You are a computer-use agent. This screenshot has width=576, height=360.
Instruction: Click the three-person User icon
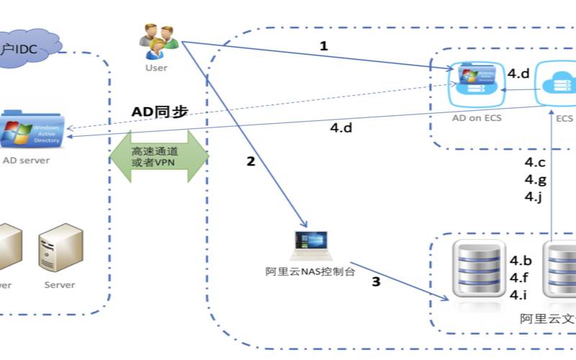point(158,42)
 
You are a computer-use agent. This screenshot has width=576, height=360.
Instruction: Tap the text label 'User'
point(156,68)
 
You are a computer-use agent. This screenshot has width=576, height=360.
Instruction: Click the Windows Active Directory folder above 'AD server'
point(33,130)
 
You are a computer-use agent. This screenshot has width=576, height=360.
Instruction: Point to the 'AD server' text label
point(27,160)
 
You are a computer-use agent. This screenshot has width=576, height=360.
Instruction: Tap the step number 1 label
point(323,46)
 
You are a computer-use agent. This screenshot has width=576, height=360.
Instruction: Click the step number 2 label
point(251,161)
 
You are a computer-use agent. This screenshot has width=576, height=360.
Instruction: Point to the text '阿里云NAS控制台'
point(310,271)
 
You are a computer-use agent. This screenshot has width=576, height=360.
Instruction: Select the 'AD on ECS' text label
point(476,118)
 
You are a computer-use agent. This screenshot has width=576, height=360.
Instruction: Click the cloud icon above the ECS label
point(557,85)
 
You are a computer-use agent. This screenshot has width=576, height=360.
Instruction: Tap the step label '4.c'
point(534,163)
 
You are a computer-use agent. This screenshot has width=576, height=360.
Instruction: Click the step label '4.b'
point(521,261)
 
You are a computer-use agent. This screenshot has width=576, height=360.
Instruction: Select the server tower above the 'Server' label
point(60,248)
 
